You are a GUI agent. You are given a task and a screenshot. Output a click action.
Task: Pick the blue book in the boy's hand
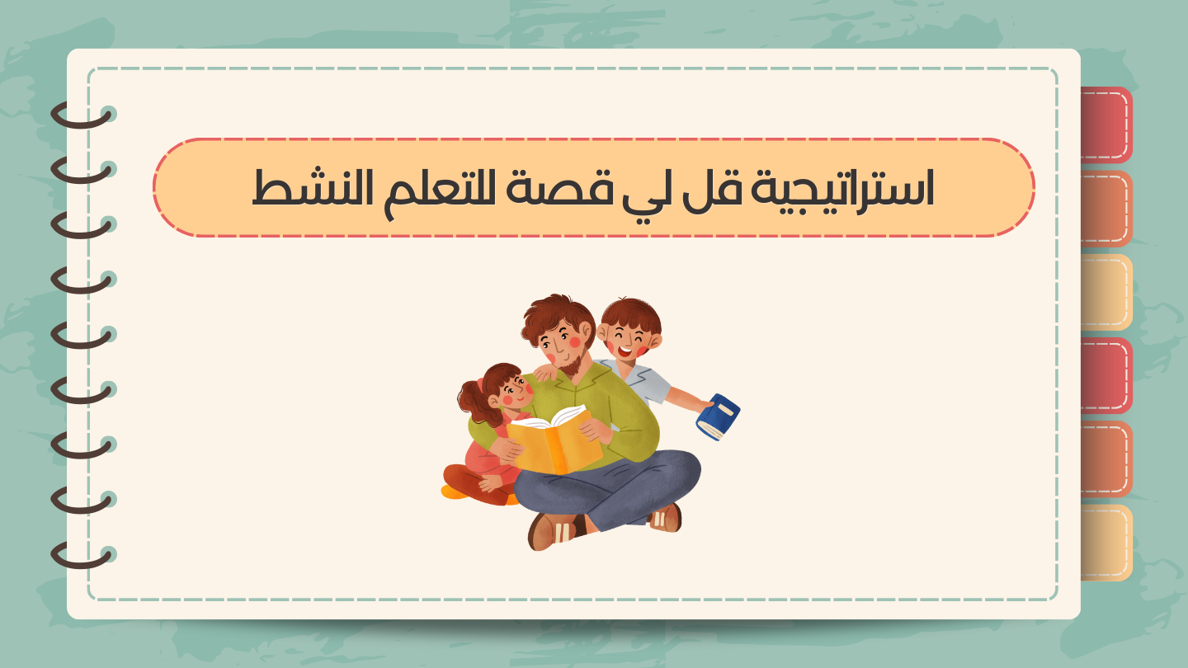[718, 416]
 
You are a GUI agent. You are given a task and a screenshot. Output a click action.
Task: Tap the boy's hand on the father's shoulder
[545, 374]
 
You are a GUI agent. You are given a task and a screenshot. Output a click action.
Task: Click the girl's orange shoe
[454, 492]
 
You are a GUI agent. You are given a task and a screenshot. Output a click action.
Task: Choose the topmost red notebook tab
[1106, 125]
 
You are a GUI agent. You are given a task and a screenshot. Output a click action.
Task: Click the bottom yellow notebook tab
[1106, 543]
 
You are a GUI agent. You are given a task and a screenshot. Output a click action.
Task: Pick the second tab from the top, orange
[1106, 209]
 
